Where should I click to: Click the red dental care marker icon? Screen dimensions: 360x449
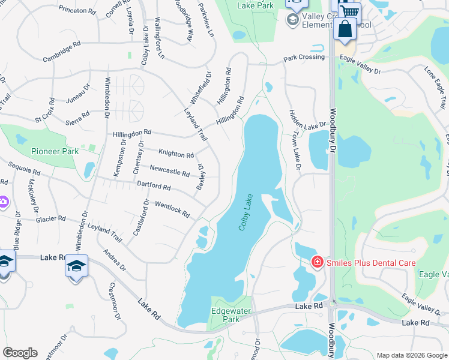pyautogui.click(x=316, y=262)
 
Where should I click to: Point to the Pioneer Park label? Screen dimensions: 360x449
pyautogui.click(x=55, y=151)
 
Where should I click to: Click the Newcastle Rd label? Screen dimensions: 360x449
pyautogui.click(x=169, y=171)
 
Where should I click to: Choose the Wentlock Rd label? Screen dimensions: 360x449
pyautogui.click(x=172, y=209)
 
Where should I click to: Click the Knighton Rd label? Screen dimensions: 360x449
pyautogui.click(x=176, y=154)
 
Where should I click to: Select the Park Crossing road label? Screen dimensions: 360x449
pyautogui.click(x=304, y=58)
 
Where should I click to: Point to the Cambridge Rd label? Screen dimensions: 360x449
pyautogui.click(x=61, y=52)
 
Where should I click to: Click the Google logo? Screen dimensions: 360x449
pyautogui.click(x=20, y=353)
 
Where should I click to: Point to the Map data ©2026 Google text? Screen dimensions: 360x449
pyautogui.click(x=411, y=355)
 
